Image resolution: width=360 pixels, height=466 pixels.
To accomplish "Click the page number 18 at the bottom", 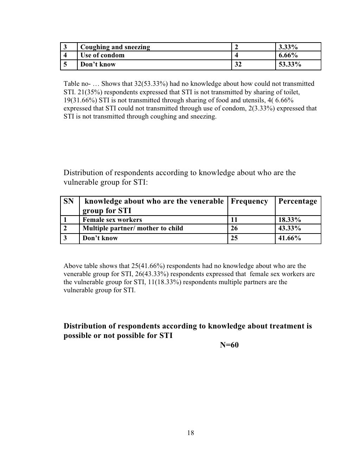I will tap(191, 433).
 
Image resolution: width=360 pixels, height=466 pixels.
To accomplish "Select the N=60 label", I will tap(229, 345).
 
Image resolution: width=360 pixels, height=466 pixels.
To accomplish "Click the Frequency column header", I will tap(249, 202).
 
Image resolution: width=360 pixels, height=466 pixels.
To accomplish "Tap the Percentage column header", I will tap(297, 202).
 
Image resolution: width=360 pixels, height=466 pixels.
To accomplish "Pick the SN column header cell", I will tap(69, 202).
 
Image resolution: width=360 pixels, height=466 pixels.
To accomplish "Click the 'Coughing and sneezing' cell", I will tap(115, 47).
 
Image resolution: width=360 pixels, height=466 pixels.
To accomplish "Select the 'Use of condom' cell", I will tap(102, 55).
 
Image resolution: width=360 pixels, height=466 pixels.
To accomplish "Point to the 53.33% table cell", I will tap(290, 64).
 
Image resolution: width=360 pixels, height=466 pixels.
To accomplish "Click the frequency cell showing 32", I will tap(238, 64).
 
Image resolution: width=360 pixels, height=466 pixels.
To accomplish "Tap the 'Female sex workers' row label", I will tap(112, 220).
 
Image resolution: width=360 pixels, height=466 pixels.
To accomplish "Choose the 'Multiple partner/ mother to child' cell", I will tap(133, 228).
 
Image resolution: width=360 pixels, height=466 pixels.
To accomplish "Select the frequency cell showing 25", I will tap(234, 238).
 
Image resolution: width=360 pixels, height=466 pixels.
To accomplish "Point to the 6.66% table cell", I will tap(288, 55).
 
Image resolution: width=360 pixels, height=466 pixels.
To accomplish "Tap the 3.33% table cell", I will tap(288, 47).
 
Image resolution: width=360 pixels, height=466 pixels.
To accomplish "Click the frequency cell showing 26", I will tap(234, 228).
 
